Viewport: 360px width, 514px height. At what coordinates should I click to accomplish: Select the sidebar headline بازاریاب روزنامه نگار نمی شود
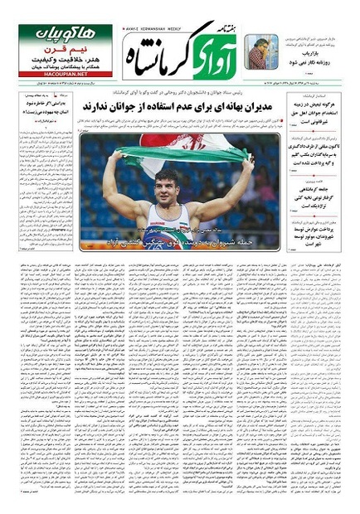click(x=319, y=65)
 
